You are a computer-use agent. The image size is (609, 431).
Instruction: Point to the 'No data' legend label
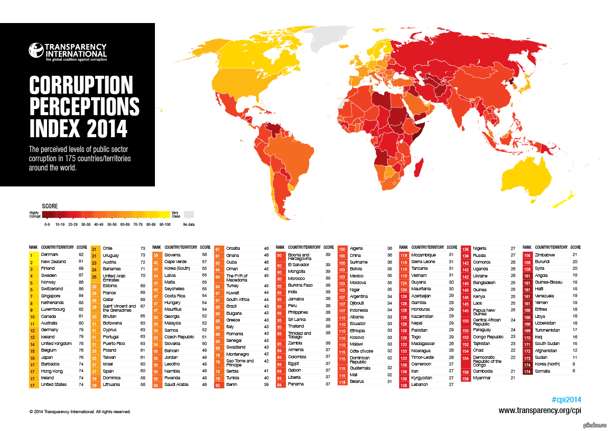pos(189,224)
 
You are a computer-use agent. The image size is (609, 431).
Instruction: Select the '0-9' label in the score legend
pos(47,224)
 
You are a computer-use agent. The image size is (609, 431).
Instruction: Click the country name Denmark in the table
pos(50,254)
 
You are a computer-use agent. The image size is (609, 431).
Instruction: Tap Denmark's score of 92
pos(81,254)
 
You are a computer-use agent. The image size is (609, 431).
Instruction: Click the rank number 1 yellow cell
pos(32,254)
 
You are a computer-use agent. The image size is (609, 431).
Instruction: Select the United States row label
pos(54,384)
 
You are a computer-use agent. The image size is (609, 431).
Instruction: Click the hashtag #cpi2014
pos(567,399)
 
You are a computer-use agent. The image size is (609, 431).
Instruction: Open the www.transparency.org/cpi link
pos(540,410)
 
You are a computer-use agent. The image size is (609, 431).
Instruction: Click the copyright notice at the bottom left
pos(80,411)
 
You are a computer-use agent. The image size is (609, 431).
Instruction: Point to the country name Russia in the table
pos(479,254)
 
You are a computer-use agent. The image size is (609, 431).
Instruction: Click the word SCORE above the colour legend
pos(50,206)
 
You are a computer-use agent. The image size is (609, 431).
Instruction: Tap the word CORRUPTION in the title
pos(81,84)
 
